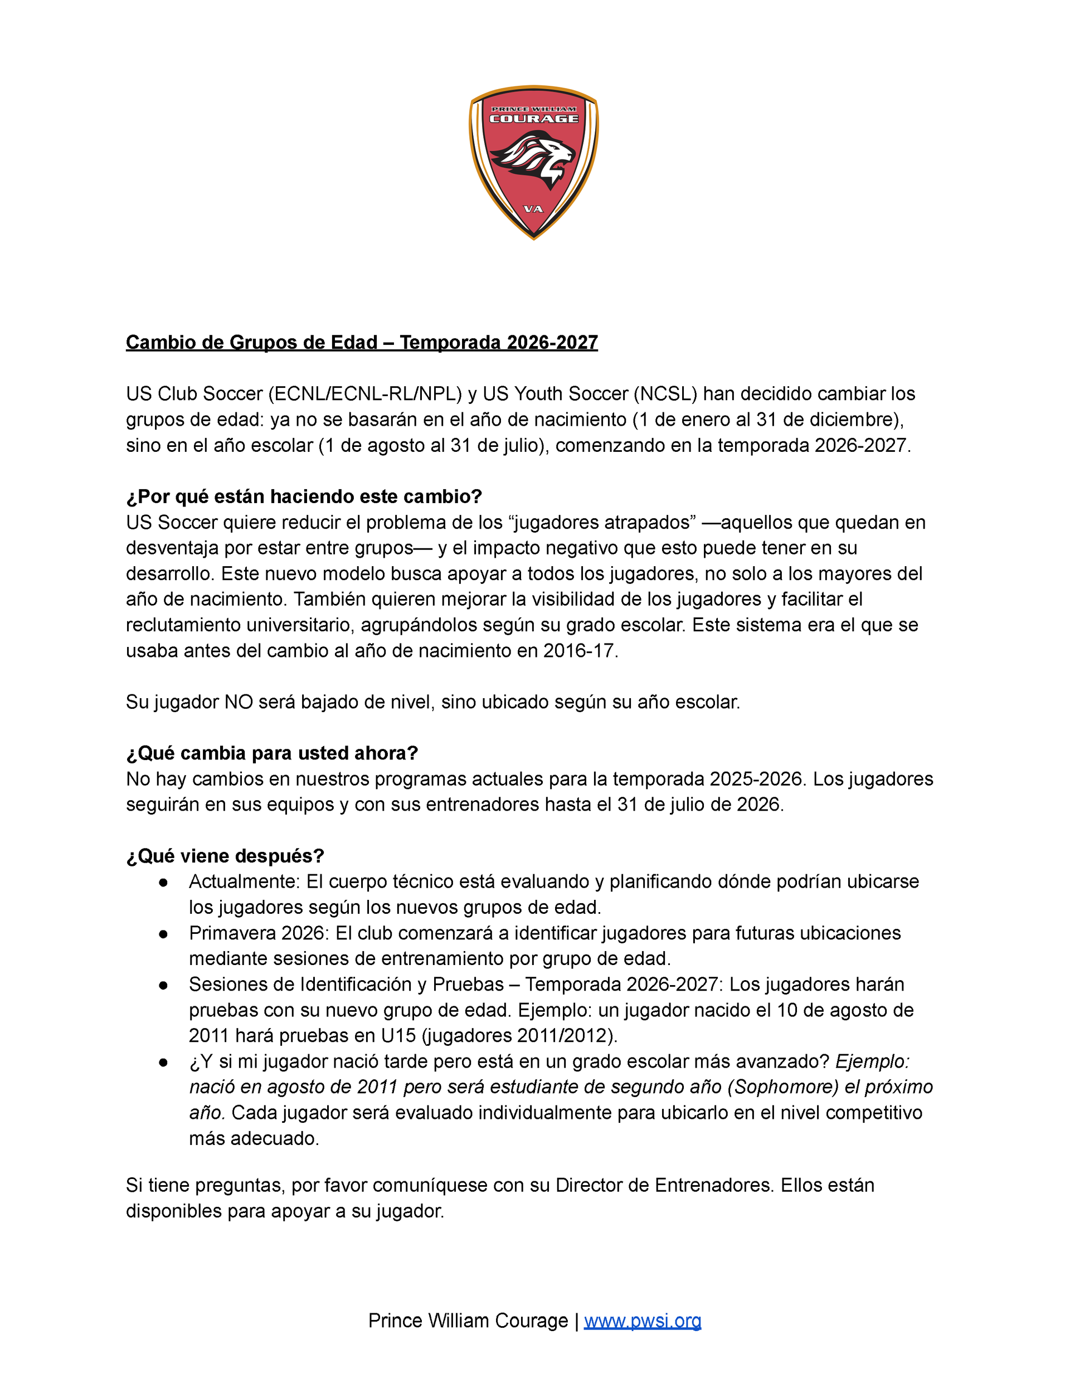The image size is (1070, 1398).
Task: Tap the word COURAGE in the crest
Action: tap(534, 119)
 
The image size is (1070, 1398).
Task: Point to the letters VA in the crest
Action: tap(533, 209)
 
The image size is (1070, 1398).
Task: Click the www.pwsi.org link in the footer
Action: tap(642, 1321)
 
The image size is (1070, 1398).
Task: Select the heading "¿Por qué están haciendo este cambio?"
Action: tap(304, 496)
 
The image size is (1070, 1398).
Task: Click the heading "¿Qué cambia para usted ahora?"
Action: tap(272, 753)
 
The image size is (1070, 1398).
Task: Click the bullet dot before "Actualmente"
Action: tap(164, 883)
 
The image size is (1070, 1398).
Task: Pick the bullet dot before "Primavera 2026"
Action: tap(164, 934)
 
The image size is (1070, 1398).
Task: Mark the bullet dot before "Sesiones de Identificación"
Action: tap(164, 985)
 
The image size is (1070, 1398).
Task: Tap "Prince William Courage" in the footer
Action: tap(468, 1321)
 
